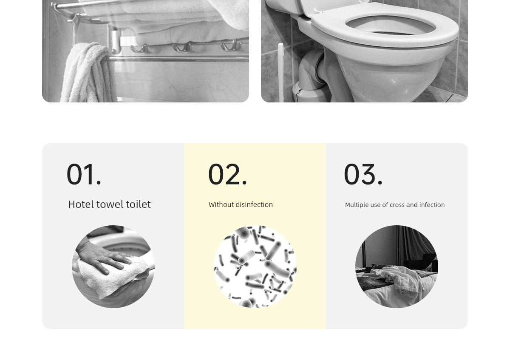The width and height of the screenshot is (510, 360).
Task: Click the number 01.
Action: point(84,174)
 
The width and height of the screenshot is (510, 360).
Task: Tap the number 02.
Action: point(227,174)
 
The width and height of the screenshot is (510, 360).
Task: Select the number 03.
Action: point(363,174)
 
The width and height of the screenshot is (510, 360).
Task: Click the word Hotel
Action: point(81,204)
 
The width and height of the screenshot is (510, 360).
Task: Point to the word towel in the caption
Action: point(110,204)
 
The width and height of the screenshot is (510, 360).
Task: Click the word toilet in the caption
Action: point(138,204)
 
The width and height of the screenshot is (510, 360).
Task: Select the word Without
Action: point(218,204)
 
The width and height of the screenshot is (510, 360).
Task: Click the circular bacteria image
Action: point(255,266)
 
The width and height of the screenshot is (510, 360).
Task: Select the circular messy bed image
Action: point(397,266)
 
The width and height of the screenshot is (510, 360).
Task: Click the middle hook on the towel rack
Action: point(181,47)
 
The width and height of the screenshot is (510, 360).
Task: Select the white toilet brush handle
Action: point(281,72)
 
